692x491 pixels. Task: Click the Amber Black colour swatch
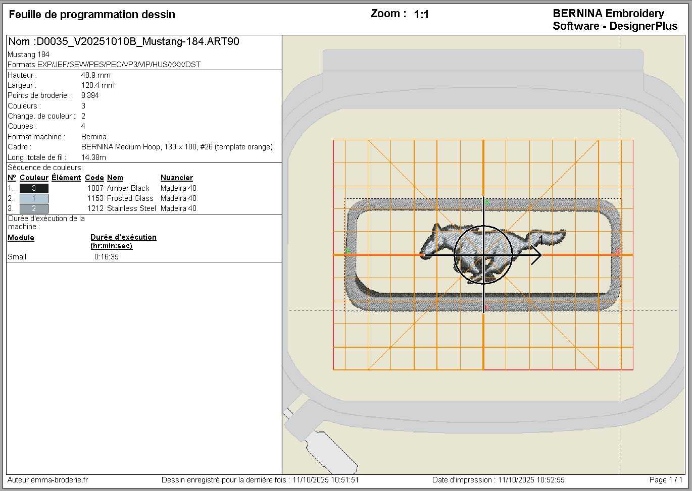34,188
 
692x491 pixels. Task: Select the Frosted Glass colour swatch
34,198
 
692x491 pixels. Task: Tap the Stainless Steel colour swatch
34,208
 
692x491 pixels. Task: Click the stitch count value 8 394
90,95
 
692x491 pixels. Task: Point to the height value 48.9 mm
96,75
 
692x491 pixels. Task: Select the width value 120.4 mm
98,85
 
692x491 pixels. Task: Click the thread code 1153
95,198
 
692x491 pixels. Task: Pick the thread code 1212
95,208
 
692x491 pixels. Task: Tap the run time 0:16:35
106,257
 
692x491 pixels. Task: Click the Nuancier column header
177,178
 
